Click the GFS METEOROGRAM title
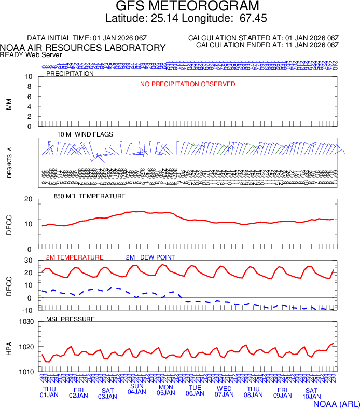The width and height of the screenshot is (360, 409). click(187, 7)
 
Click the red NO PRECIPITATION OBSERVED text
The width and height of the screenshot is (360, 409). click(188, 84)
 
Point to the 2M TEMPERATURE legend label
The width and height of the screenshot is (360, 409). click(75, 257)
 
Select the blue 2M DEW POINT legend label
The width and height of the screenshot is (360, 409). click(150, 257)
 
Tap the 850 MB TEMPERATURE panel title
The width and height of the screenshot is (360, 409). click(90, 196)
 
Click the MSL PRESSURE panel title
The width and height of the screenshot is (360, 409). click(71, 319)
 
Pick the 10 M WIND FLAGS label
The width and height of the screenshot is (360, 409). click(85, 134)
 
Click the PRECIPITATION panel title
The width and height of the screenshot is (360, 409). click(70, 74)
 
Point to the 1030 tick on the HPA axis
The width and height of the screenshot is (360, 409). click(26, 322)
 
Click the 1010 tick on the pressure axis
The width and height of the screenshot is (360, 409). click(26, 372)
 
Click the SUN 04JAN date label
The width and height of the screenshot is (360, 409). click(137, 389)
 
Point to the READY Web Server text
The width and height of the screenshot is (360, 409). click(31, 54)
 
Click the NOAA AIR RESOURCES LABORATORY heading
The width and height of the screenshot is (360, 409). click(83, 48)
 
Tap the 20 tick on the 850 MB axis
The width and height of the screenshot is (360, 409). click(29, 199)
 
